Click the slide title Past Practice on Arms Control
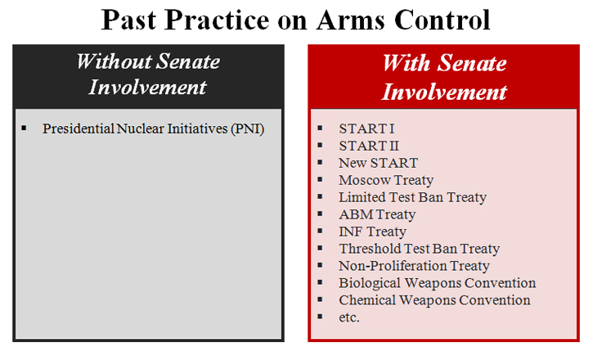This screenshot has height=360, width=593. click(295, 20)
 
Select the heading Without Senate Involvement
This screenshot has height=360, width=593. click(148, 74)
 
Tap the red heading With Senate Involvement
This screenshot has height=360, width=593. click(444, 77)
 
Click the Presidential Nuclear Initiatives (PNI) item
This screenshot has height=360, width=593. click(153, 128)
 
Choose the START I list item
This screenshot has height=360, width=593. click(366, 128)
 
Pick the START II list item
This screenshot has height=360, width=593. click(369, 146)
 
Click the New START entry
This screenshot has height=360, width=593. click(378, 163)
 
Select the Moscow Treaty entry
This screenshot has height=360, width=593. click(386, 180)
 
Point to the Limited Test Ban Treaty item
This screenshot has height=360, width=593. click(412, 197)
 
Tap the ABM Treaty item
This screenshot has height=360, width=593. click(377, 214)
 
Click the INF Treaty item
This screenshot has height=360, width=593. click(372, 232)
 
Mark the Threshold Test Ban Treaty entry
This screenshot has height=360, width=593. click(419, 249)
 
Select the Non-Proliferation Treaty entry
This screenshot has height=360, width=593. click(414, 266)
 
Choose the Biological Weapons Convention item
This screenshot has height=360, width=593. click(437, 283)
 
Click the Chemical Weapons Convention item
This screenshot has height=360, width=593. click(434, 300)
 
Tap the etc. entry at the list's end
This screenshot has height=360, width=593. click(349, 317)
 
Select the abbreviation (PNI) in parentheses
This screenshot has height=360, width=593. click(247, 128)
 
